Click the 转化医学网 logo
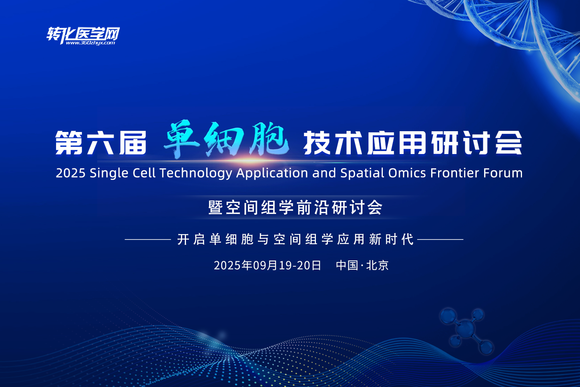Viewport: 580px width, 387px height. tap(83, 34)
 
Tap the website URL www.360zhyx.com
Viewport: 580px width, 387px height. tap(90, 43)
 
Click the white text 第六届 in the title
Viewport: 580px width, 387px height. tap(101, 143)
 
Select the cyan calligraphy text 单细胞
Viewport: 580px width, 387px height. tap(226, 140)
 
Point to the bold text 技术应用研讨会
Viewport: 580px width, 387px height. tap(413, 143)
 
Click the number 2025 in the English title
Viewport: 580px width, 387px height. tap(70, 173)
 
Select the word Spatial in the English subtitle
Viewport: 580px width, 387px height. tap(362, 173)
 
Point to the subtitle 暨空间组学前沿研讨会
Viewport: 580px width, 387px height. tap(295, 208)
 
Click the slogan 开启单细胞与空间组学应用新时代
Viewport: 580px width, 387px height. tap(295, 240)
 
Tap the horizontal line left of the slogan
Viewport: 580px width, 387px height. tap(148, 240)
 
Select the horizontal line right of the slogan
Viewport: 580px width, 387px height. tap(440, 240)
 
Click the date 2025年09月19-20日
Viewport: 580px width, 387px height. tap(268, 265)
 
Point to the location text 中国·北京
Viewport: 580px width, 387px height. tap(362, 265)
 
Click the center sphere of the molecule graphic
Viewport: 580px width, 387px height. tap(466, 329)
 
